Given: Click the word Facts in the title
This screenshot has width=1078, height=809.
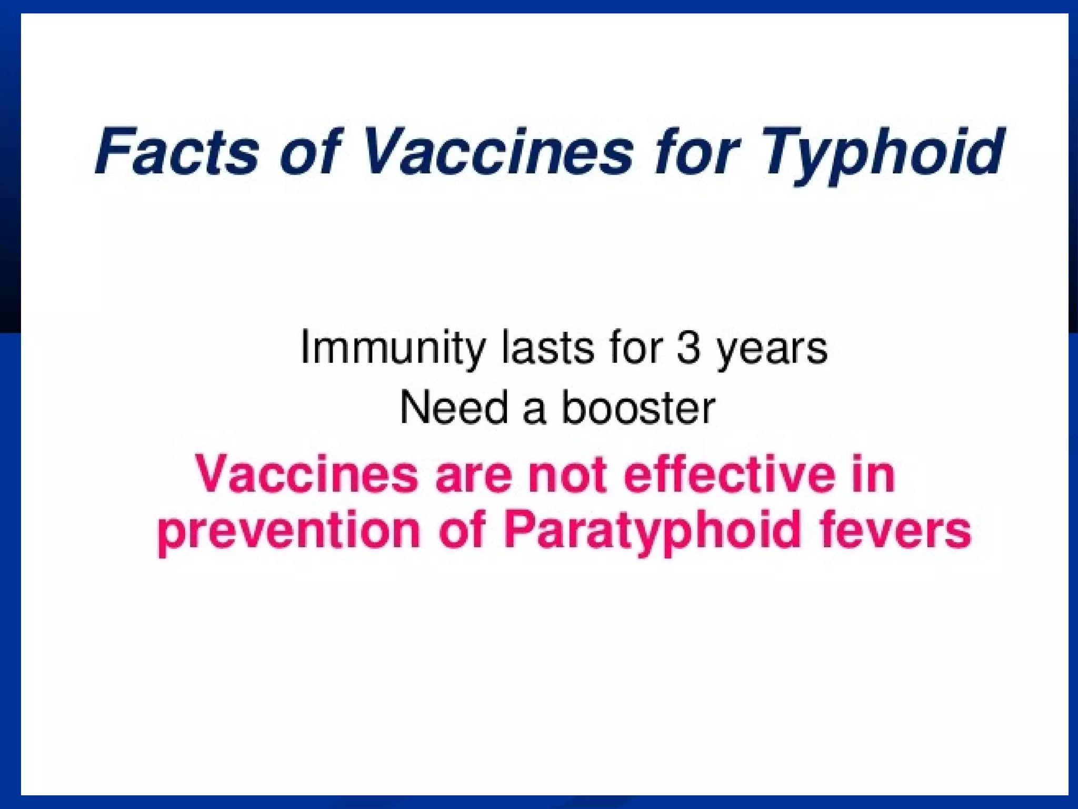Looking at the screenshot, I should [x=177, y=152].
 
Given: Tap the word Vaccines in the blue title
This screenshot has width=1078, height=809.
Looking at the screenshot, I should [x=497, y=152].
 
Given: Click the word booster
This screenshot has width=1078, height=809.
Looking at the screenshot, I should [x=638, y=408].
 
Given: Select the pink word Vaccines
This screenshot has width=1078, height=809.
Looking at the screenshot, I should [x=307, y=474].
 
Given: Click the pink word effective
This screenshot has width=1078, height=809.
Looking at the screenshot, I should [x=730, y=474].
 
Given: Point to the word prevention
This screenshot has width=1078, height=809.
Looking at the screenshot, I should [x=288, y=531].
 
